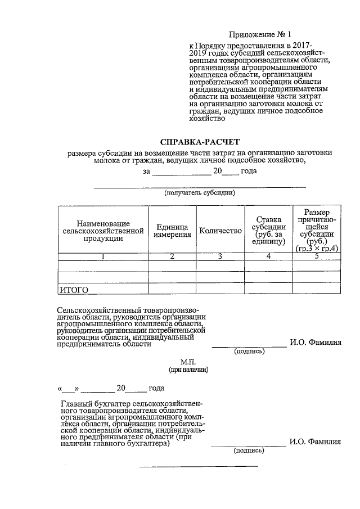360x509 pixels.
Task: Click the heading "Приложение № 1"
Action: tap(262, 34)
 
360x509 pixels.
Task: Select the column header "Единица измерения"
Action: tap(172, 231)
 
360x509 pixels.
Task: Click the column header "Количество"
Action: tap(220, 231)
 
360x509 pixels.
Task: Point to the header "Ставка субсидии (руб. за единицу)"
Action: tap(268, 230)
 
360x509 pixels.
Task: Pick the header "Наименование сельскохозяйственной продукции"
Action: tap(103, 231)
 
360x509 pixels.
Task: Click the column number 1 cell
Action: tap(103, 256)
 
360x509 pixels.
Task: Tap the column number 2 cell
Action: tap(172, 256)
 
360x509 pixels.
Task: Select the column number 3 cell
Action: tap(220, 256)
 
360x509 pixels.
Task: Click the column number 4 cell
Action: tap(269, 256)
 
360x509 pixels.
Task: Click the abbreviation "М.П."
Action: tap(188, 362)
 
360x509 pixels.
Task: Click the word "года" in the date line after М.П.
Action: tap(156, 388)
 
